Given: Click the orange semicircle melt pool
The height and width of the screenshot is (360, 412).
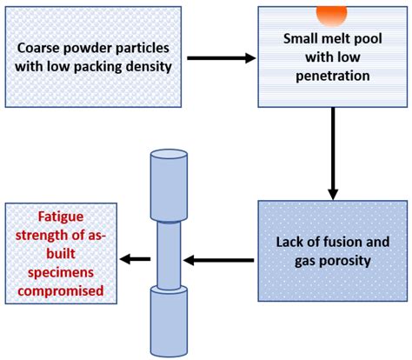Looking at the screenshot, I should [x=331, y=13].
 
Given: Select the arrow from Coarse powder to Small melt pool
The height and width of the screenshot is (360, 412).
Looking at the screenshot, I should [x=223, y=58].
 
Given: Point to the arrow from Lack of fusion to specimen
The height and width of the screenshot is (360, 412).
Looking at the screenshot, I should [x=222, y=258].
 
